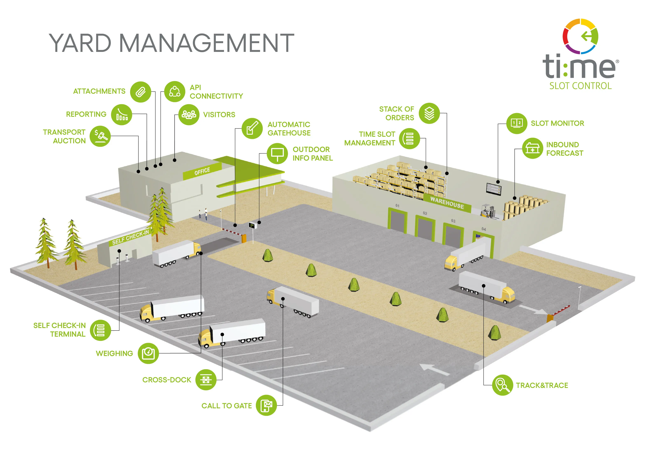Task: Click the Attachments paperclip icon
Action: pos(141,92)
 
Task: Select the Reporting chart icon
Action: pos(122,115)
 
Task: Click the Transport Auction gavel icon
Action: pos(100,136)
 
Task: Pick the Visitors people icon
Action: pos(189,114)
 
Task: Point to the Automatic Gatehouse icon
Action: pos(252,128)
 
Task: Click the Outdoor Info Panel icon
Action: pos(277,153)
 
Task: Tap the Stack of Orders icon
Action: pos(429,113)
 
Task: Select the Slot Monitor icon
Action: pos(517,124)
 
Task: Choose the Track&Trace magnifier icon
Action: pos(502,385)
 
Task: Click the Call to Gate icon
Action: pos(266,405)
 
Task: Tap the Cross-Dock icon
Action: pos(206,380)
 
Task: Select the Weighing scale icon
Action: pos(148,353)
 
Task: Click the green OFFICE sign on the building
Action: pos(202,171)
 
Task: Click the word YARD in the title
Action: pos(80,43)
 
